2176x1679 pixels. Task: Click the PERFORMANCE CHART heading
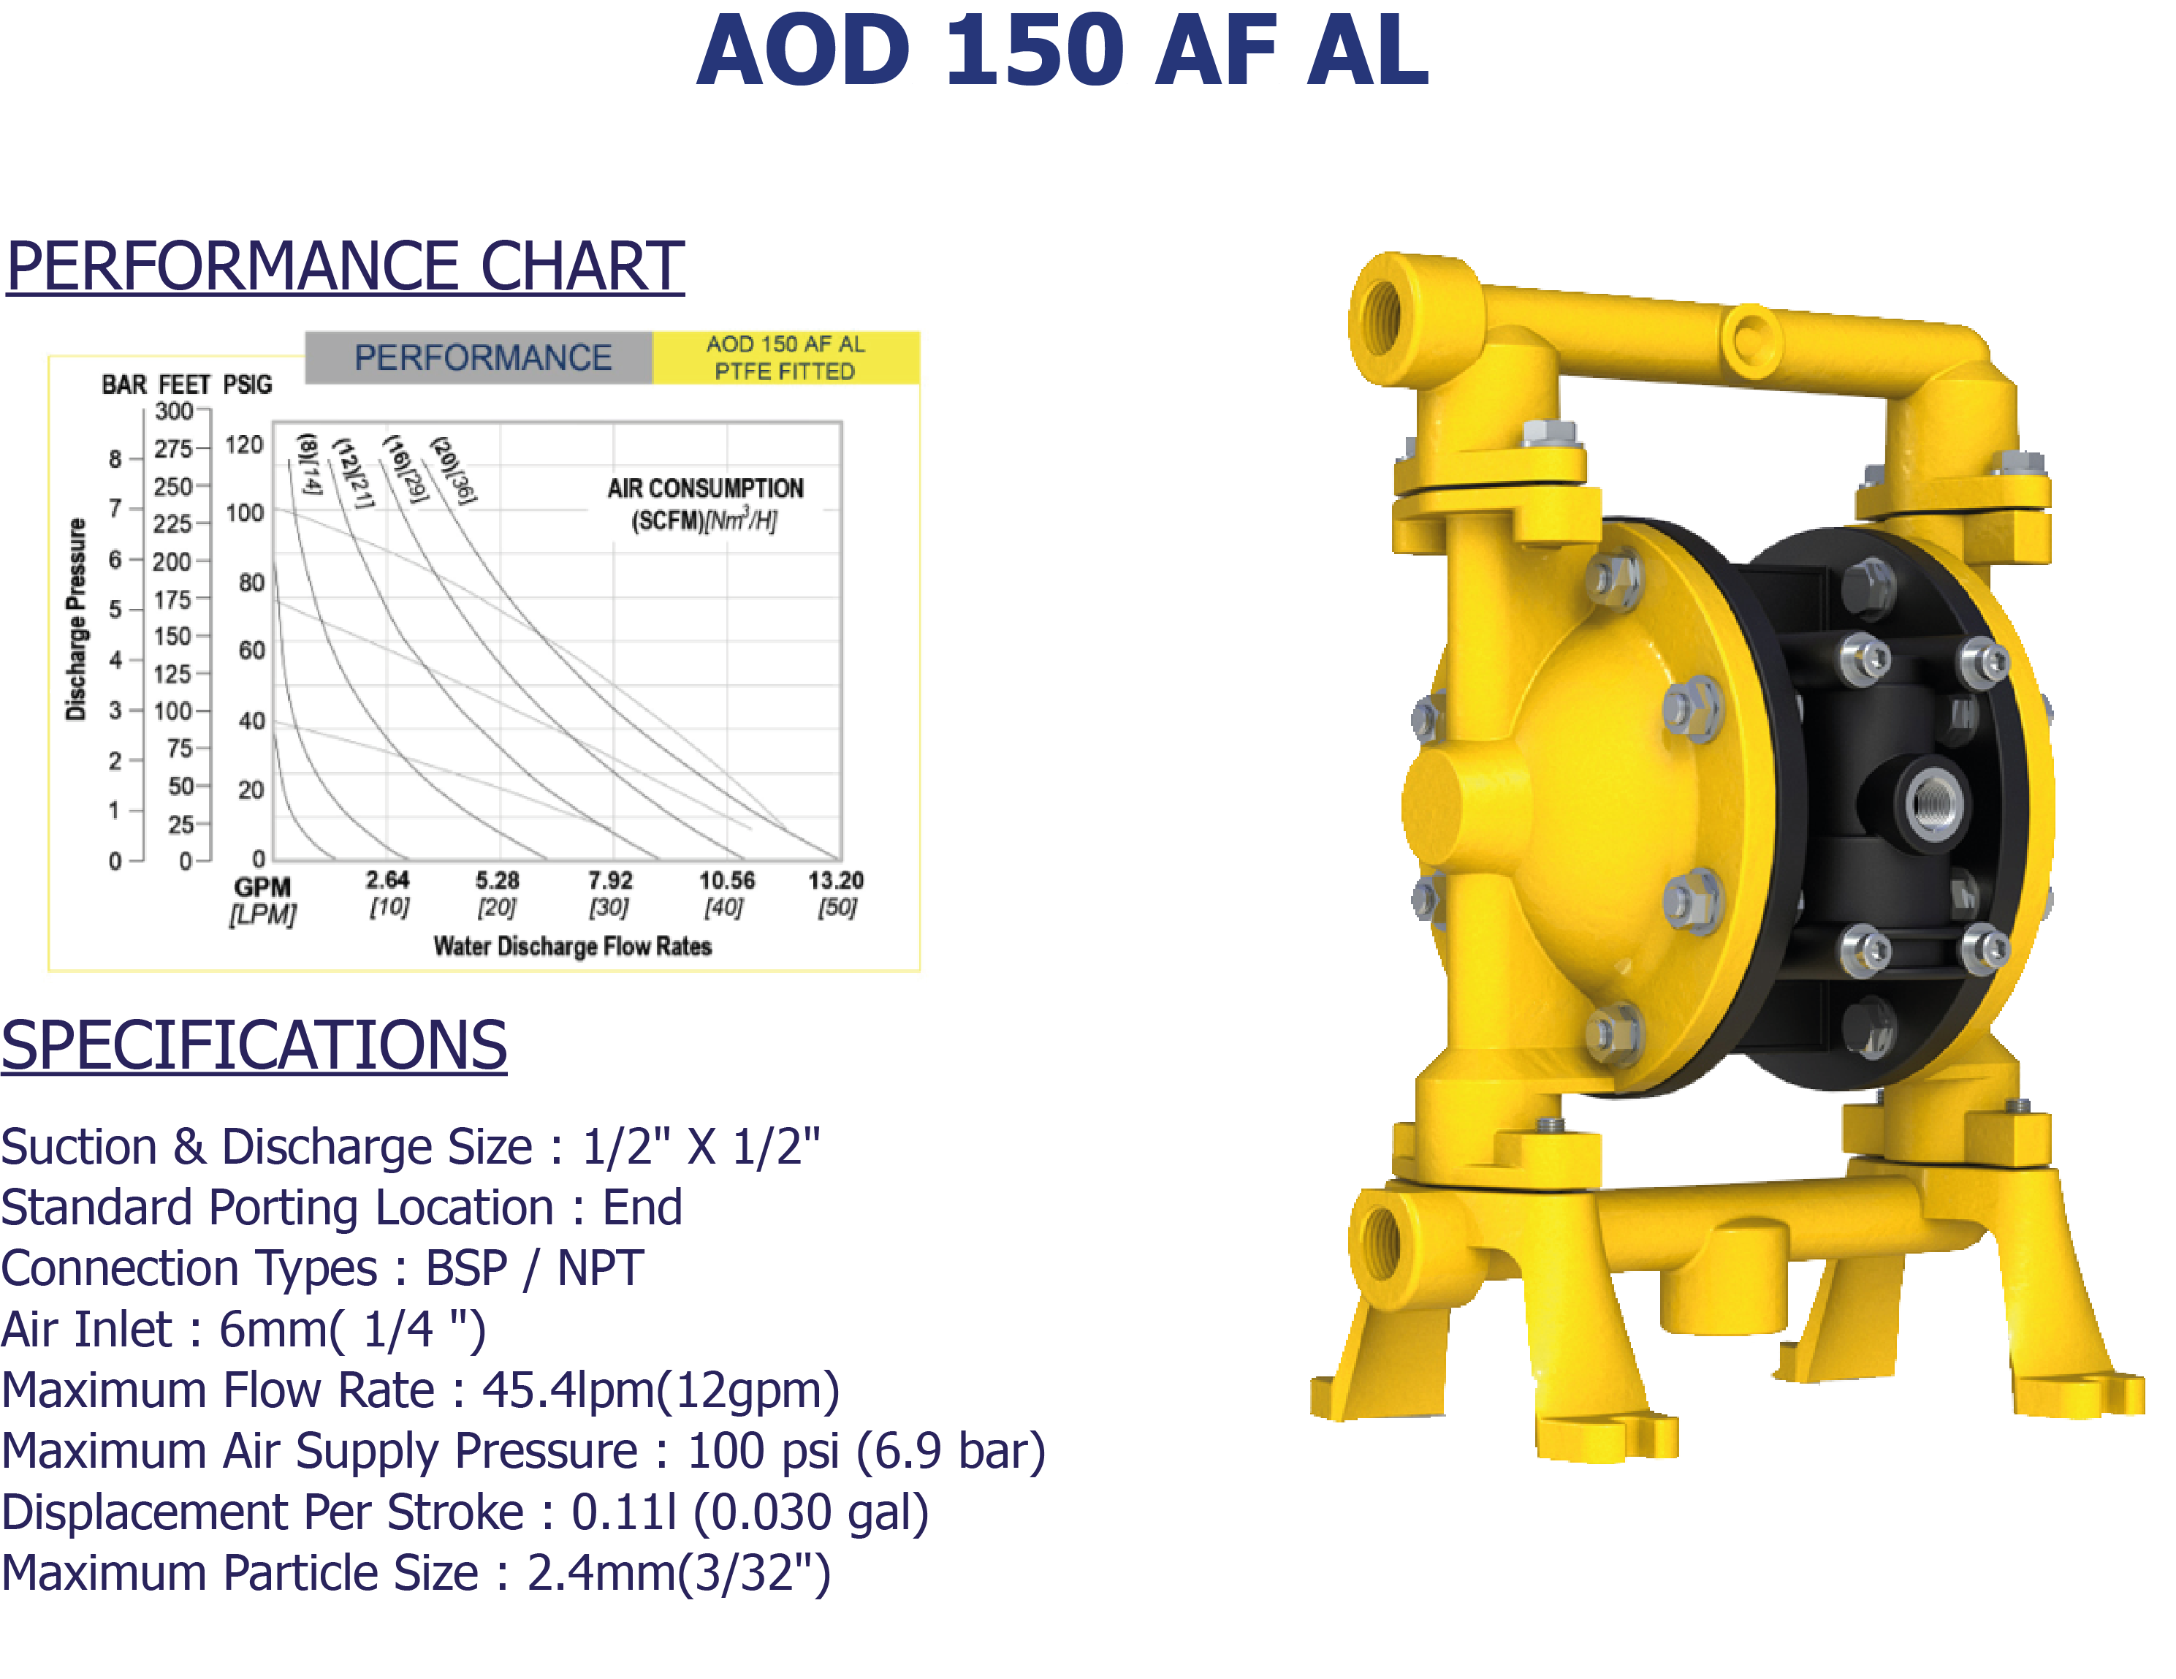click(345, 266)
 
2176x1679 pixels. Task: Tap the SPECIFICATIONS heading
click(254, 1045)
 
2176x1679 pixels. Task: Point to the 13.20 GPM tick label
click(836, 880)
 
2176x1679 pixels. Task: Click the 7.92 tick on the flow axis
click(609, 880)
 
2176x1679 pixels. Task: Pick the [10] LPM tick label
click(389, 907)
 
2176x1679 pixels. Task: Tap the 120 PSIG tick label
click(244, 444)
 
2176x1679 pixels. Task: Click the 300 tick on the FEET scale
click(175, 411)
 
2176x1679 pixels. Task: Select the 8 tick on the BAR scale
click(115, 459)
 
